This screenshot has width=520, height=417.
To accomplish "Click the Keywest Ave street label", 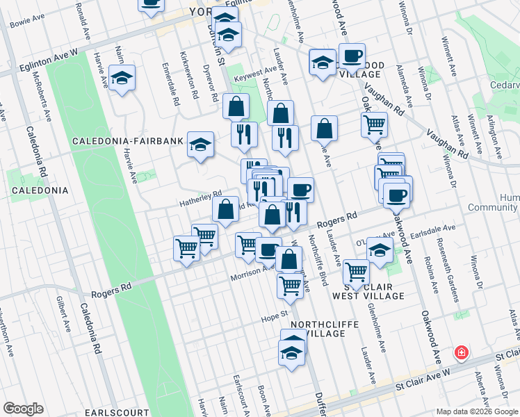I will (257, 73).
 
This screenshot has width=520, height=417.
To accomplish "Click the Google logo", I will (23, 409).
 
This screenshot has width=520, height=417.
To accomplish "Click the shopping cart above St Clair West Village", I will (356, 272).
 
